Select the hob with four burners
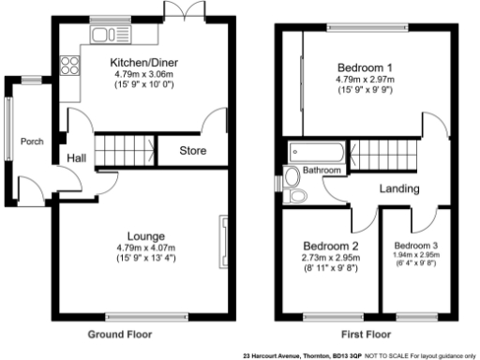(69, 66)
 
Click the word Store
(192, 151)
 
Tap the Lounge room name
(146, 235)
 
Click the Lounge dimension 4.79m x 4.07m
(146, 247)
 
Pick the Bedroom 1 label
(364, 68)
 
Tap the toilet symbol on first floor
(298, 196)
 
